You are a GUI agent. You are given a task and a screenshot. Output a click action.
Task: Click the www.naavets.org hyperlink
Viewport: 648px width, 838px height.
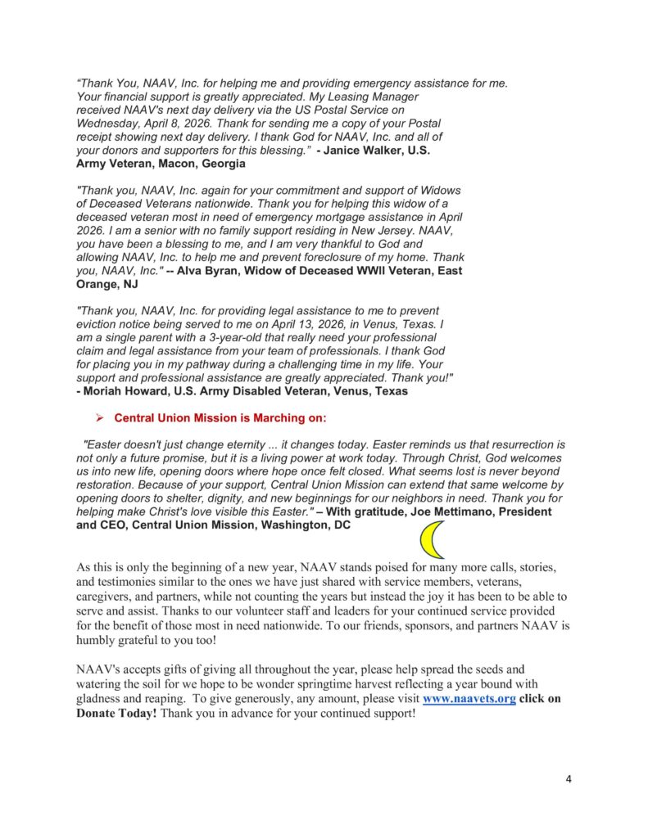[x=469, y=700]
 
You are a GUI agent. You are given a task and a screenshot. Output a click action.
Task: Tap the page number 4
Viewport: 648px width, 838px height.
[x=569, y=778]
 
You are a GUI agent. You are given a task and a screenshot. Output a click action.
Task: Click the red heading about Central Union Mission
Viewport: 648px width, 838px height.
[x=220, y=417]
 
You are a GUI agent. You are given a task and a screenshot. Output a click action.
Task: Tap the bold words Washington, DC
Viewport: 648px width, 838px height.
[x=304, y=525]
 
